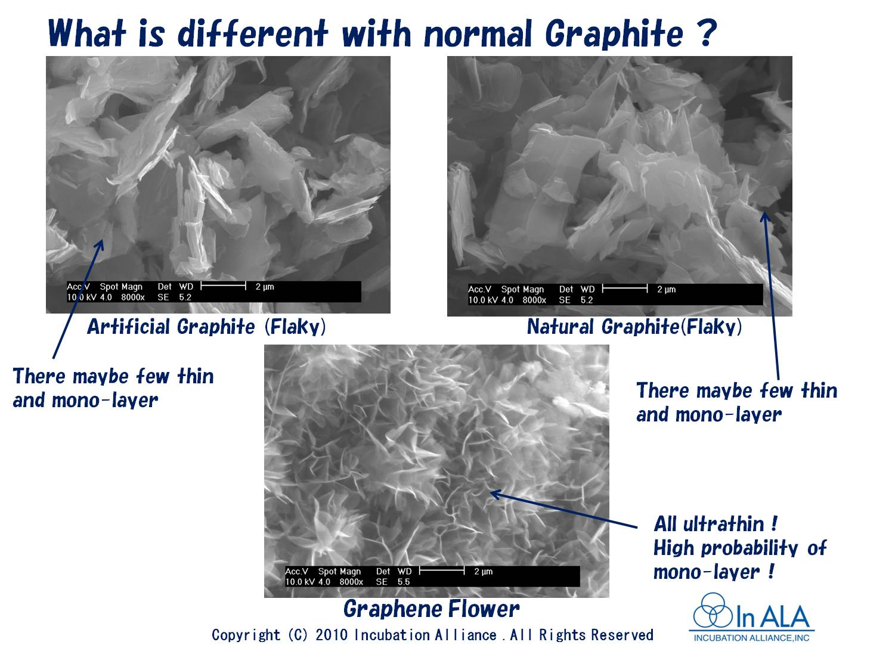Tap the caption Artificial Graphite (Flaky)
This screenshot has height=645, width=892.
coord(206,327)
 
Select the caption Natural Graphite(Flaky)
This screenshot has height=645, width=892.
coord(634,327)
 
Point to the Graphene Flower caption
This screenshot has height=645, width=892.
coord(431,609)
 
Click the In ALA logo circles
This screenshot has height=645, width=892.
coord(713,610)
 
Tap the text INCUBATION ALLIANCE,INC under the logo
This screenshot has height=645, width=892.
coord(751,638)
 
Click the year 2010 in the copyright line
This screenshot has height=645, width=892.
coord(332,635)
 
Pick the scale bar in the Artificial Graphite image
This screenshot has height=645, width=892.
coord(224,286)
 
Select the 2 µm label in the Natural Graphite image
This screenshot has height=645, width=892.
coord(666,289)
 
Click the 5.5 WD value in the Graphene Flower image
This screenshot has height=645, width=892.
coord(404,582)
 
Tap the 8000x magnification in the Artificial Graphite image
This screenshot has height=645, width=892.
coord(132,297)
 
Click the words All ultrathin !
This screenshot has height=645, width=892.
coord(715,524)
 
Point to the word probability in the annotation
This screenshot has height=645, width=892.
coord(749,548)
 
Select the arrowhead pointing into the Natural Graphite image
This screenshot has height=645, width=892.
coord(764,217)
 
